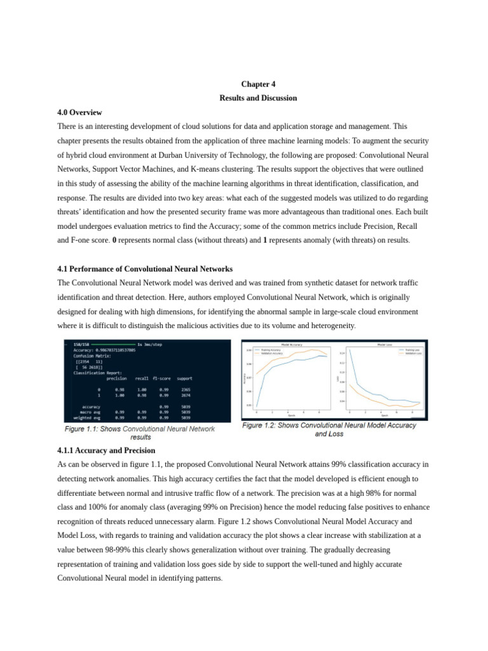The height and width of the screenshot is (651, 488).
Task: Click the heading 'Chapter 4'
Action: (258, 84)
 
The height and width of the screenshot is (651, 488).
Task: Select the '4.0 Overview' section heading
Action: (79, 112)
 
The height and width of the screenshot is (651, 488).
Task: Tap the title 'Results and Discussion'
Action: (258, 98)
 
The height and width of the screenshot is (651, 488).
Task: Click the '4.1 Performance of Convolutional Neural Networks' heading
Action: (145, 268)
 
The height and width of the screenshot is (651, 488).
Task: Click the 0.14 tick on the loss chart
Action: (342, 353)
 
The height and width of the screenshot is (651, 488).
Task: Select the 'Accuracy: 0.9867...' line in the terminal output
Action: (105, 350)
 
